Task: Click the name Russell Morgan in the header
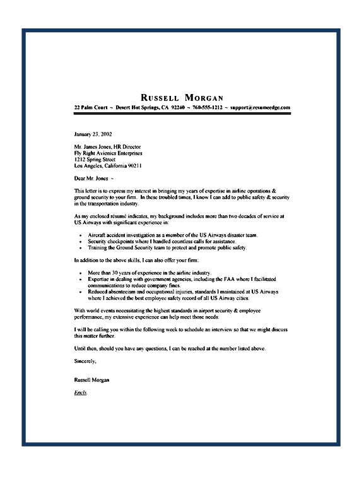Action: [182, 98]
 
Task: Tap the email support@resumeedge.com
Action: [259, 108]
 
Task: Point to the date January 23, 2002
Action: [93, 134]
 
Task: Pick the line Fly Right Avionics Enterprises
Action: [108, 153]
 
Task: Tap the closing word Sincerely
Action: [85, 362]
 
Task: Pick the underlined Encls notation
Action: [80, 393]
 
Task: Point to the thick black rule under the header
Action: [182, 114]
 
